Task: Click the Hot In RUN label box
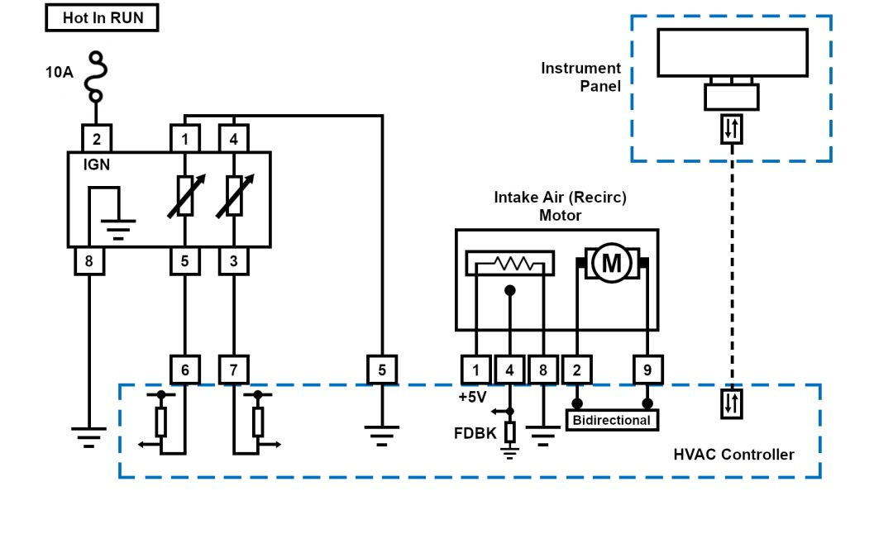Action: (102, 18)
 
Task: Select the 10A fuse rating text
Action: (59, 72)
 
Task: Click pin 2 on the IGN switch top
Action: (97, 138)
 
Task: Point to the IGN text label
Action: (97, 165)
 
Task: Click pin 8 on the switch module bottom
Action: (89, 261)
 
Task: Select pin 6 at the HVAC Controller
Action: (184, 370)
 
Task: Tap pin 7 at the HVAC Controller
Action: (234, 370)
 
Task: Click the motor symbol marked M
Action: (612, 264)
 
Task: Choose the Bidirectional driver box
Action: (612, 420)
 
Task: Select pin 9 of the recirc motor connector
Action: (647, 370)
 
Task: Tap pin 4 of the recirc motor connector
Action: (510, 370)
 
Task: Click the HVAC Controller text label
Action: (733, 455)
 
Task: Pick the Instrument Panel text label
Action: (580, 77)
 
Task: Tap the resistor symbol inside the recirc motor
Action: (510, 264)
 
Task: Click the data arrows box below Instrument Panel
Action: (732, 128)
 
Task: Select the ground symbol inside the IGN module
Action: (119, 223)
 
